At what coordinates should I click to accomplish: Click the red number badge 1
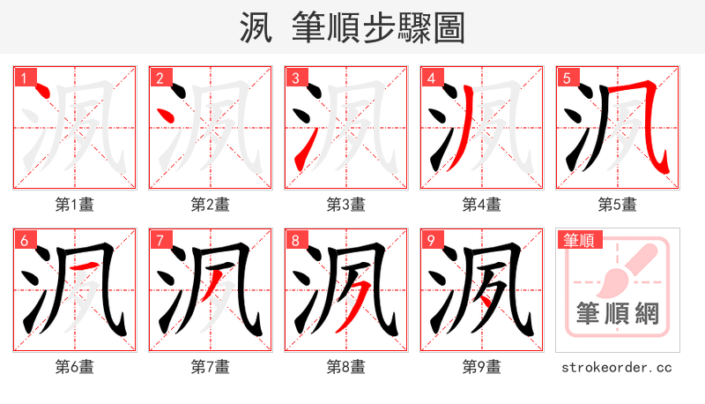pyautogui.click(x=25, y=79)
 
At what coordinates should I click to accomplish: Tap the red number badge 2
pyautogui.click(x=160, y=79)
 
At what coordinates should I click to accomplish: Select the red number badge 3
pyautogui.click(x=296, y=79)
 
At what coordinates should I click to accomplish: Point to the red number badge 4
pyautogui.click(x=432, y=79)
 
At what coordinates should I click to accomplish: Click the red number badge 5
pyautogui.click(x=568, y=79)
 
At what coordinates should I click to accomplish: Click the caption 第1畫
pyautogui.click(x=75, y=205)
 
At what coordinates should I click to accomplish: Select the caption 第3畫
pyautogui.click(x=346, y=205)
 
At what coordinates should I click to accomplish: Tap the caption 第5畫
pyautogui.click(x=618, y=205)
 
